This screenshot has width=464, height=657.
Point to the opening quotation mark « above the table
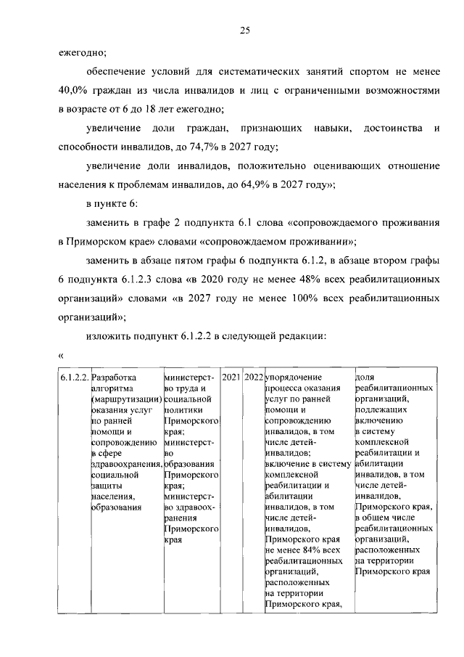[x=61, y=355]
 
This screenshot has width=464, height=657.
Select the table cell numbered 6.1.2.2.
[x=74, y=378]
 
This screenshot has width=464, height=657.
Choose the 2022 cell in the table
[x=254, y=378]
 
